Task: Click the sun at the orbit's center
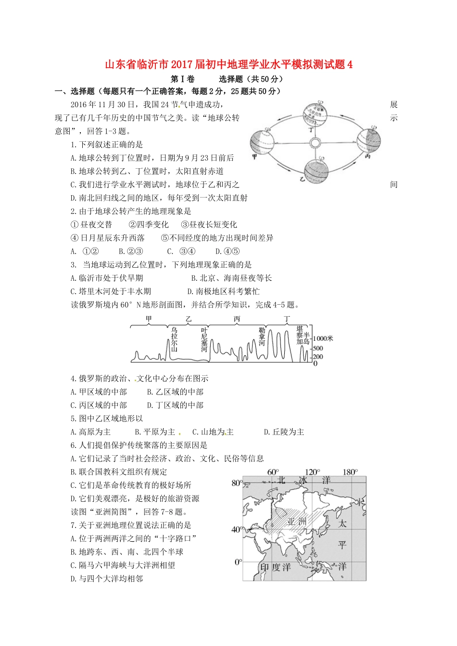pos(315,143)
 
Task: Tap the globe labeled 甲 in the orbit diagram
pos(262,142)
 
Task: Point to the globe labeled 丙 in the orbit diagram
pos(369,139)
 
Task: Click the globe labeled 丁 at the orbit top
pos(315,114)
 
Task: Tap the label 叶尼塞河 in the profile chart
pos(204,339)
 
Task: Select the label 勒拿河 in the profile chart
pos(262,336)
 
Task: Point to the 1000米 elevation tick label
pos(323,338)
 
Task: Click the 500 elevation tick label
pos(318,348)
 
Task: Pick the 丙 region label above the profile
pos(237,319)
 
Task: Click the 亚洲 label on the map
pos(297,522)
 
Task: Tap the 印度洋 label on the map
pos(275,567)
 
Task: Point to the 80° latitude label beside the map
pos(237,483)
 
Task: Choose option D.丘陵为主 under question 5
pos(284,432)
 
